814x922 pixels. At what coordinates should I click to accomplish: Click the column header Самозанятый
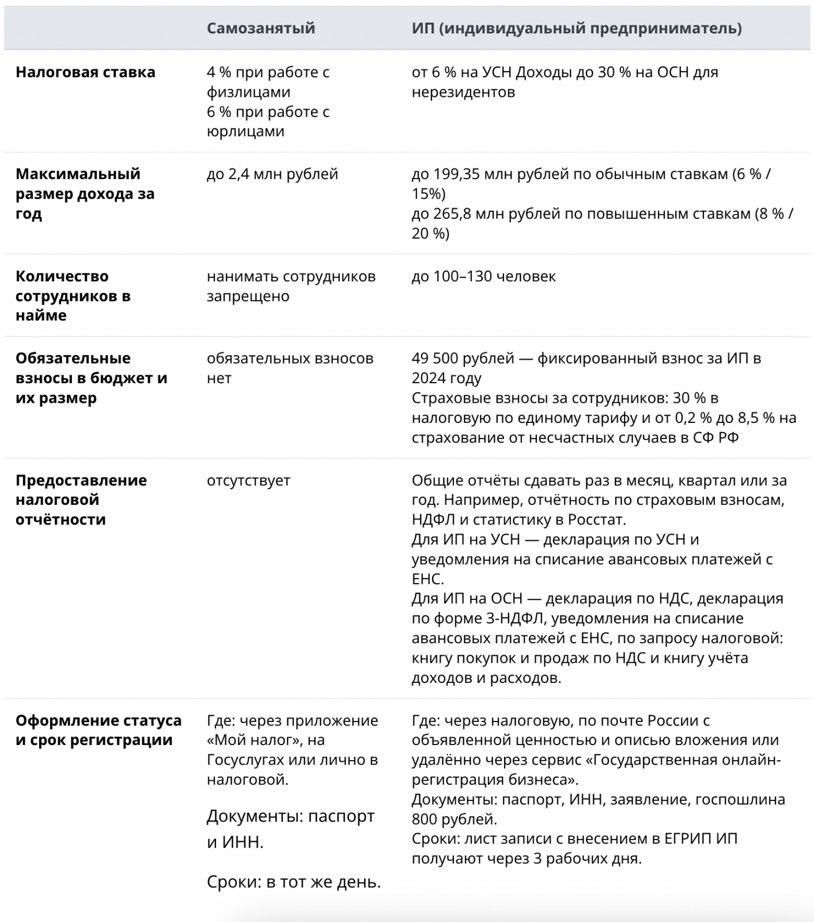click(260, 28)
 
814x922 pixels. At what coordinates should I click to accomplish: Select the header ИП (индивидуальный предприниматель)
click(576, 28)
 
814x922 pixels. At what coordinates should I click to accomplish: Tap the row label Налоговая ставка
click(85, 72)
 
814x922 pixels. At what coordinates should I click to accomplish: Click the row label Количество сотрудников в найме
click(73, 296)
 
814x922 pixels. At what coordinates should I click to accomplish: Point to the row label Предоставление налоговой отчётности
click(81, 500)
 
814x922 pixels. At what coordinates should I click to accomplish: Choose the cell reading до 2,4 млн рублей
click(272, 174)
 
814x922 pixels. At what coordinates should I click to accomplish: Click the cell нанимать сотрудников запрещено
click(291, 286)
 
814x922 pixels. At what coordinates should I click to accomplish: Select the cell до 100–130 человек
click(483, 276)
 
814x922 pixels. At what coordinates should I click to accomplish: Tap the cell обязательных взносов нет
click(290, 368)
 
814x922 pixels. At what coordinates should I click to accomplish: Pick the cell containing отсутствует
click(248, 480)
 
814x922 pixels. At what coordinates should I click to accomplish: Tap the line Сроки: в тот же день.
click(294, 882)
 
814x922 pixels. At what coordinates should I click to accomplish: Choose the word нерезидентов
click(463, 92)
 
